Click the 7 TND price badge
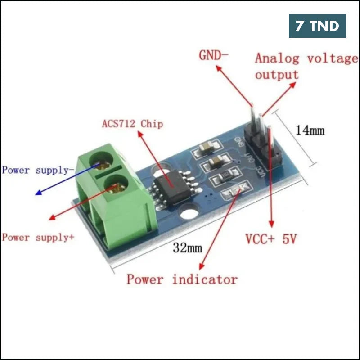tap(317, 26)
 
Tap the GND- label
tap(214, 56)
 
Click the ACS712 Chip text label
tap(132, 123)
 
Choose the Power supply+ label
tap(38, 237)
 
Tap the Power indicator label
tap(182, 279)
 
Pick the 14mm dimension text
tap(310, 130)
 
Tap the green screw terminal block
tap(115, 198)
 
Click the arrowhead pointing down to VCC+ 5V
tap(271, 222)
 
